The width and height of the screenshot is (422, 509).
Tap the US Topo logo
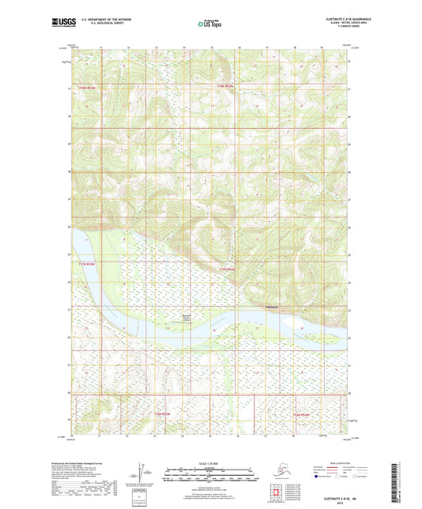[210, 24]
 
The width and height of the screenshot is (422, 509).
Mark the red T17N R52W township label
[228, 270]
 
